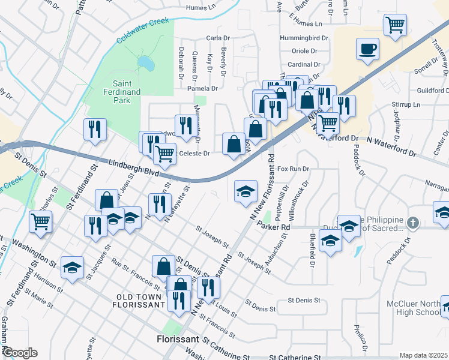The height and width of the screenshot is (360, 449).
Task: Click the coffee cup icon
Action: tap(367, 49)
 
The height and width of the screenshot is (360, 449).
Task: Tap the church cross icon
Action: tap(412, 223)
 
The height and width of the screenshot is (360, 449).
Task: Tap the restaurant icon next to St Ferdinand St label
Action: tap(95, 130)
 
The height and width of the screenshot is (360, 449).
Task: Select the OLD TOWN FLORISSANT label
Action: tap(139, 301)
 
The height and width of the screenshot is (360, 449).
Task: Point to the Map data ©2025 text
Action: tap(423, 355)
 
